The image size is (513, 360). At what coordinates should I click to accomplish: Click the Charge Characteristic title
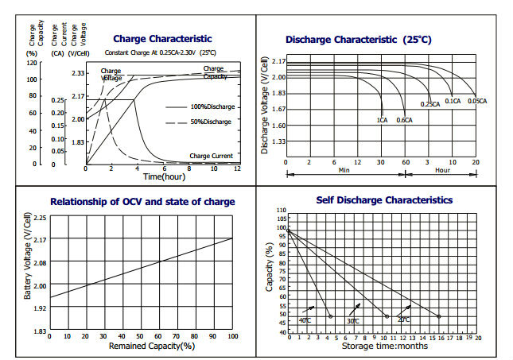[162, 38]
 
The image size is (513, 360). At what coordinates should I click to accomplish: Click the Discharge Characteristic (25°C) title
[358, 39]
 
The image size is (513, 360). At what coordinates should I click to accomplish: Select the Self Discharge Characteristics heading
[384, 200]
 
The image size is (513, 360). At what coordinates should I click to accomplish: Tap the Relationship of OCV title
[142, 202]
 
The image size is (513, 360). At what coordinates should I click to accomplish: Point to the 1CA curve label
[382, 119]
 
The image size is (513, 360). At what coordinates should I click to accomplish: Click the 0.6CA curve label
[405, 119]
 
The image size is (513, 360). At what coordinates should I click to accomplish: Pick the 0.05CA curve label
[478, 101]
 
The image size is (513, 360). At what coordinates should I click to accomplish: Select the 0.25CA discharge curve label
[430, 104]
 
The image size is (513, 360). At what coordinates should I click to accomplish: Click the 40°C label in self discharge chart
[305, 319]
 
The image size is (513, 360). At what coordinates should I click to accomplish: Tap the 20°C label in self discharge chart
[403, 319]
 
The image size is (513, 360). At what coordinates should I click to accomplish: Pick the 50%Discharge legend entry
[210, 122]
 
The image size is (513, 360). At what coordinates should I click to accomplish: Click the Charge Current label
[211, 156]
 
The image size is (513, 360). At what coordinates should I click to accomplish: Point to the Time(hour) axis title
[164, 176]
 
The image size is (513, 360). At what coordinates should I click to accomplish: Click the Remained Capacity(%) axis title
[141, 346]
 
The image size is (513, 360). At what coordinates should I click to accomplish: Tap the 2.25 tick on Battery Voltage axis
[38, 217]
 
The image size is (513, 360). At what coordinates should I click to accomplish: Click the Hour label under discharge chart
[442, 170]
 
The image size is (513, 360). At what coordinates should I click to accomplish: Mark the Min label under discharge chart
[344, 170]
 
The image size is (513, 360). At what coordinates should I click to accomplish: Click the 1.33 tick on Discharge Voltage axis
[278, 141]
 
